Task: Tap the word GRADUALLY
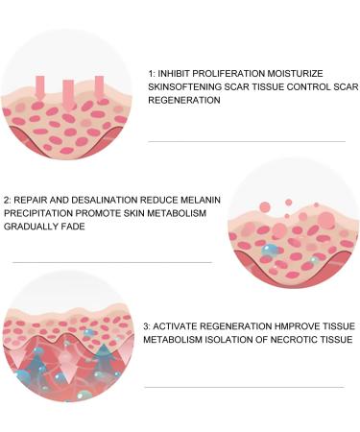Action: tap(34, 227)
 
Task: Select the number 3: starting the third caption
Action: tap(149, 325)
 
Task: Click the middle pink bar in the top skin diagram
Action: tap(67, 93)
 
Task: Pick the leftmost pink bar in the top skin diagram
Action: tap(39, 85)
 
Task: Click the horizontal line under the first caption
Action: tap(247, 141)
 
